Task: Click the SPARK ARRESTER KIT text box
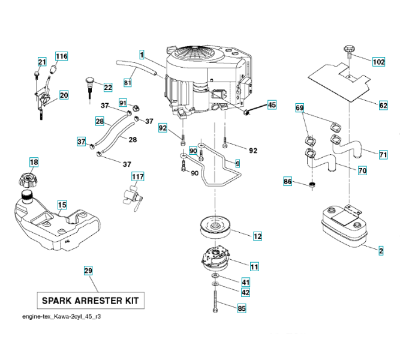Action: [92, 299]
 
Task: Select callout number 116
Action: [62, 56]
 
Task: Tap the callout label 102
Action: [378, 62]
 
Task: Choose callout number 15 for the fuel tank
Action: [62, 205]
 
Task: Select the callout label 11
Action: [254, 266]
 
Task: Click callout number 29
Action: [88, 271]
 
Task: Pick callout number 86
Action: [288, 181]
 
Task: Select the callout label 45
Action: [272, 105]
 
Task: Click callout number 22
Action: [108, 88]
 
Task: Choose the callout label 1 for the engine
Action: [142, 55]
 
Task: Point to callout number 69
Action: [300, 108]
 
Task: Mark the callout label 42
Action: [245, 293]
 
